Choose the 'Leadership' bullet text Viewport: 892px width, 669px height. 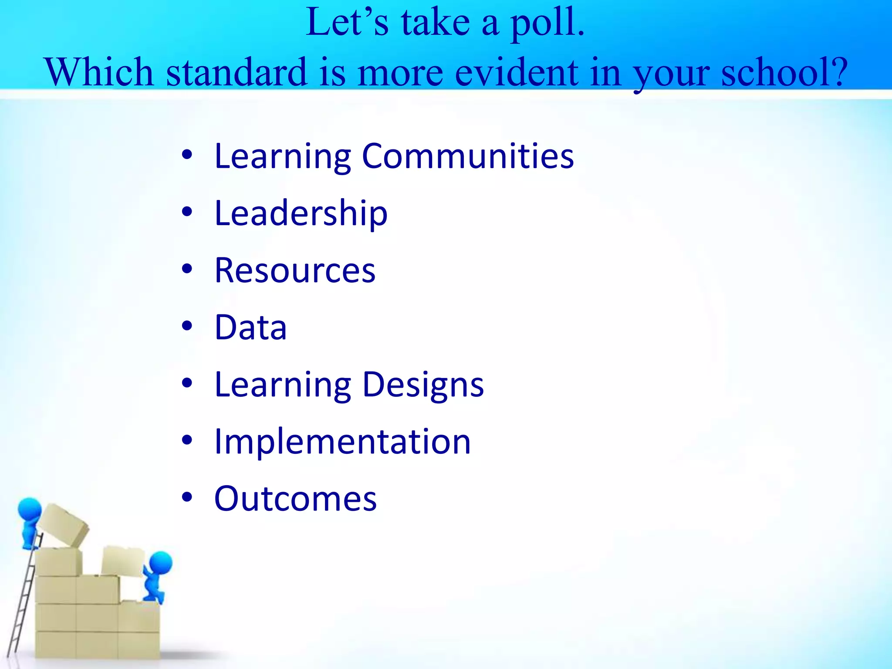pos(301,213)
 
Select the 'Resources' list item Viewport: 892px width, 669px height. pos(295,270)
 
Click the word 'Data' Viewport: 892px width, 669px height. pos(250,328)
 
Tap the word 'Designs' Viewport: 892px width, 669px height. pos(423,385)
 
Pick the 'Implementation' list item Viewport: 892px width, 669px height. pos(342,442)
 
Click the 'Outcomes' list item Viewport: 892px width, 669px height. pos(295,499)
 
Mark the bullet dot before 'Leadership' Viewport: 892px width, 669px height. pos(187,213)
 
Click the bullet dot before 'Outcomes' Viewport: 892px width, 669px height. pos(187,498)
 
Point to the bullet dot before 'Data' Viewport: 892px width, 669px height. pos(187,327)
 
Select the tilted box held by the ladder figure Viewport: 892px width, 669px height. pos(63,524)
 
